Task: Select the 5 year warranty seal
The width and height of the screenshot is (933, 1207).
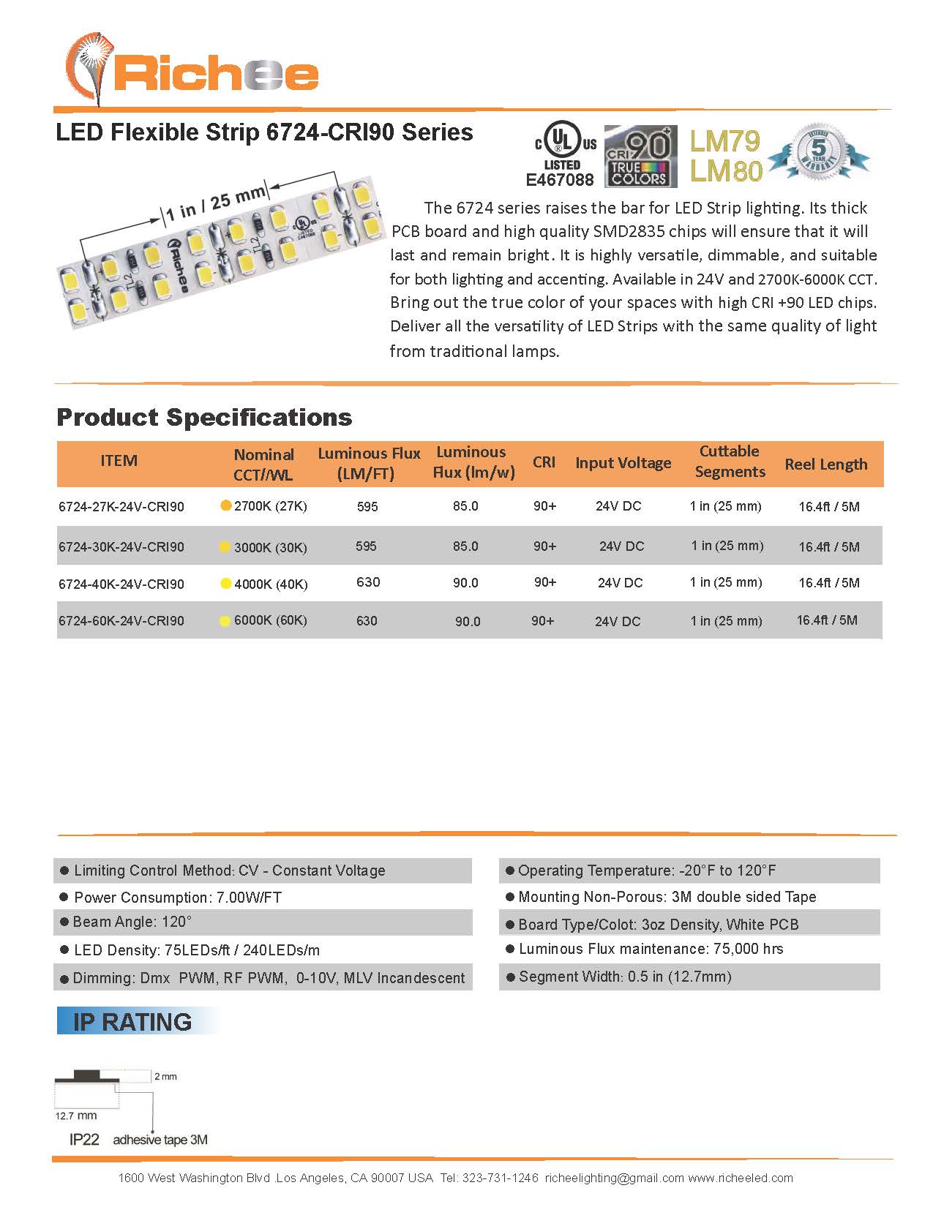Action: click(x=820, y=151)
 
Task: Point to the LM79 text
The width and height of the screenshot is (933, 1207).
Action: click(x=724, y=141)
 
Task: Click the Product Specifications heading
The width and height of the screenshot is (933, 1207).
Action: click(x=204, y=417)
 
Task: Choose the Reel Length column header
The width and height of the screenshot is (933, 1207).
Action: click(x=825, y=464)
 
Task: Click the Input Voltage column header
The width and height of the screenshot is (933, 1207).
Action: click(x=623, y=462)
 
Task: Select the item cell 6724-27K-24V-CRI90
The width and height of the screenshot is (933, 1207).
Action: click(x=121, y=506)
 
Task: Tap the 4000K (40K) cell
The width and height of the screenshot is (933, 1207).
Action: click(x=270, y=584)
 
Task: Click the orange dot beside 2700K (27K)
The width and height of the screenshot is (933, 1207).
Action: click(x=226, y=505)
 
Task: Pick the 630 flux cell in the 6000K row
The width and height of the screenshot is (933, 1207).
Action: click(x=367, y=621)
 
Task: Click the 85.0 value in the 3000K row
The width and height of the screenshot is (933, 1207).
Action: click(x=465, y=546)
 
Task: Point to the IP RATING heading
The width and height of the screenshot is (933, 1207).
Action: click(x=132, y=1021)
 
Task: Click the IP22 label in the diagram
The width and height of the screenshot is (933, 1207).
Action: click(x=84, y=1139)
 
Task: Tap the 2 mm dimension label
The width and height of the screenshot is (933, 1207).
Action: click(x=165, y=1076)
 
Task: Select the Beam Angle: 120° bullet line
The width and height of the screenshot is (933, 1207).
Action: click(x=132, y=922)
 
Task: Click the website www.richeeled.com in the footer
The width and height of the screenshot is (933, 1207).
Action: click(x=740, y=1178)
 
